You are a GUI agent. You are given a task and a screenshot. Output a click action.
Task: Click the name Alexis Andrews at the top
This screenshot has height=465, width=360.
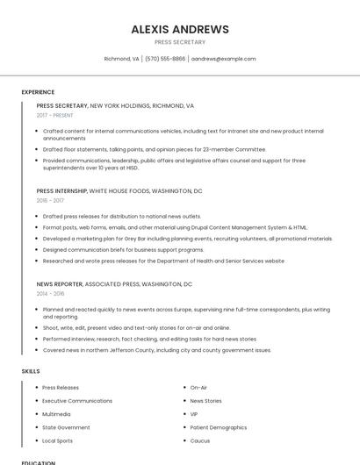180,29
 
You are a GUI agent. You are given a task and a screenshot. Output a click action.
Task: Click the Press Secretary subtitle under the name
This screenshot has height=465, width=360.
180,42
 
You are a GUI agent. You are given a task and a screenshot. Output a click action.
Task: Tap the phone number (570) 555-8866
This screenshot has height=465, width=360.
165,59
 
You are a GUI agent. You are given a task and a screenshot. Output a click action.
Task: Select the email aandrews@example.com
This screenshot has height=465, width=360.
223,59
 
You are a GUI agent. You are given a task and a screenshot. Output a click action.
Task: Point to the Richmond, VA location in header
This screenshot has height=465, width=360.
121,59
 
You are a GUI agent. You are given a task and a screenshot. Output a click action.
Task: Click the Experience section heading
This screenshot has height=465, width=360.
38,91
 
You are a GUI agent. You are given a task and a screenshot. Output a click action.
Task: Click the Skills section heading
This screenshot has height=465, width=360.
31,371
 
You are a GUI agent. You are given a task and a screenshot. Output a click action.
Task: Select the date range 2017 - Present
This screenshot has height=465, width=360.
54,115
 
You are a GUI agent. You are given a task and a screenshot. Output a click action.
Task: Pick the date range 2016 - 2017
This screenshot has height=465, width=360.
50,200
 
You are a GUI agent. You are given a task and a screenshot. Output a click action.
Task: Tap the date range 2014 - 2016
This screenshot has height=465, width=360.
50,294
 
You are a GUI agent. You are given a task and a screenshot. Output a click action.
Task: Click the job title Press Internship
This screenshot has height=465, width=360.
61,190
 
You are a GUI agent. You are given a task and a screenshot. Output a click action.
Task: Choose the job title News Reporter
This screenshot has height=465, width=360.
60,284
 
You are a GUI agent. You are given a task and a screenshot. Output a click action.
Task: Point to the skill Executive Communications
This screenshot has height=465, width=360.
77,401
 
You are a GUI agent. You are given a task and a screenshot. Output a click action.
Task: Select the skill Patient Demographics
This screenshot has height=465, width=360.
219,427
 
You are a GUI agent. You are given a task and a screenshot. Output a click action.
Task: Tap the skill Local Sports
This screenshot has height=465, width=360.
58,440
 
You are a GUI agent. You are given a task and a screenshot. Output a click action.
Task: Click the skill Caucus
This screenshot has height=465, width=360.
200,440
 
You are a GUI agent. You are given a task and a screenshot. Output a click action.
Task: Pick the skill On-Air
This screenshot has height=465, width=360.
198,387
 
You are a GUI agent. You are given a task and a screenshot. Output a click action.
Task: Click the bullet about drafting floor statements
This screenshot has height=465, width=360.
154,149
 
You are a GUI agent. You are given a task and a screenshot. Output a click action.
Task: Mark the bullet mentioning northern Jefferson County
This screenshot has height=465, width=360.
156,350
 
